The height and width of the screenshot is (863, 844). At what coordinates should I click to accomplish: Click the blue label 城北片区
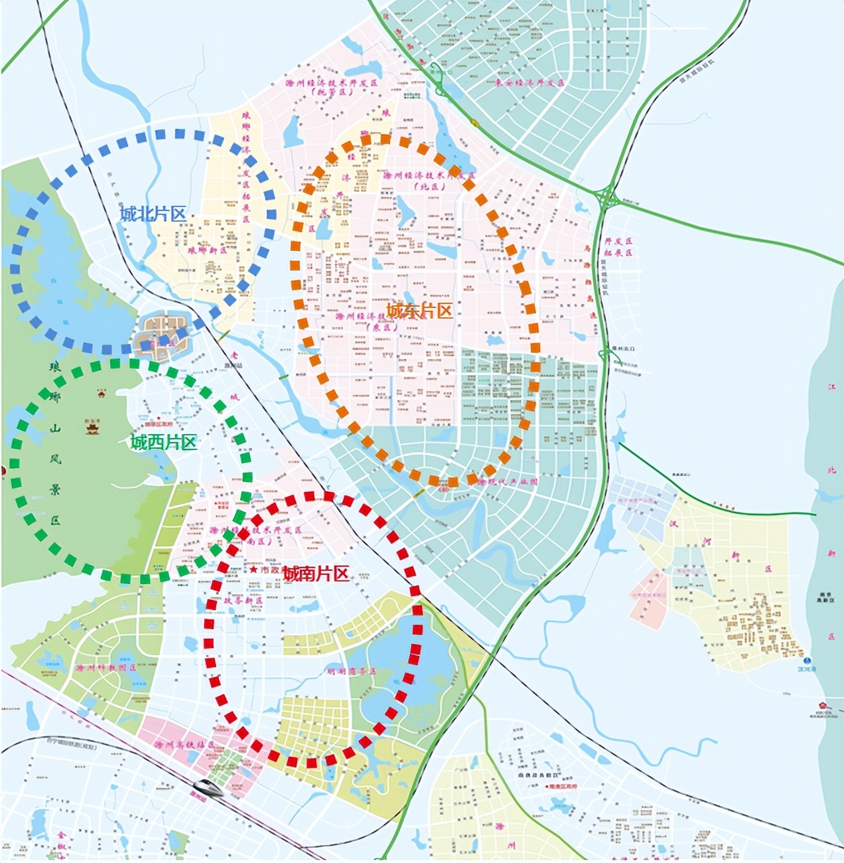point(153,214)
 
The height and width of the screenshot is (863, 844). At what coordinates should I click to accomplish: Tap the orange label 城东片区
point(419,310)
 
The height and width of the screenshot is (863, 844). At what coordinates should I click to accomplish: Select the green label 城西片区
point(164,442)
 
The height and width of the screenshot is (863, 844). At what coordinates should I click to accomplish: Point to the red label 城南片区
point(316,574)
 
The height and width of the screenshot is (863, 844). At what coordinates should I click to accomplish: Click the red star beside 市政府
point(253,570)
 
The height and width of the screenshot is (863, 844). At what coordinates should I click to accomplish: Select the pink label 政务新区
point(243,599)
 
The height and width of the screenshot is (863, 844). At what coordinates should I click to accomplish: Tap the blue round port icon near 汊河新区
point(808,661)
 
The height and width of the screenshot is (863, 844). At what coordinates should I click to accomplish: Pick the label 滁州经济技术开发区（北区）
point(429,181)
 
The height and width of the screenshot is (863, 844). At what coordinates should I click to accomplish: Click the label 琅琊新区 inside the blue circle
point(207,251)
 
